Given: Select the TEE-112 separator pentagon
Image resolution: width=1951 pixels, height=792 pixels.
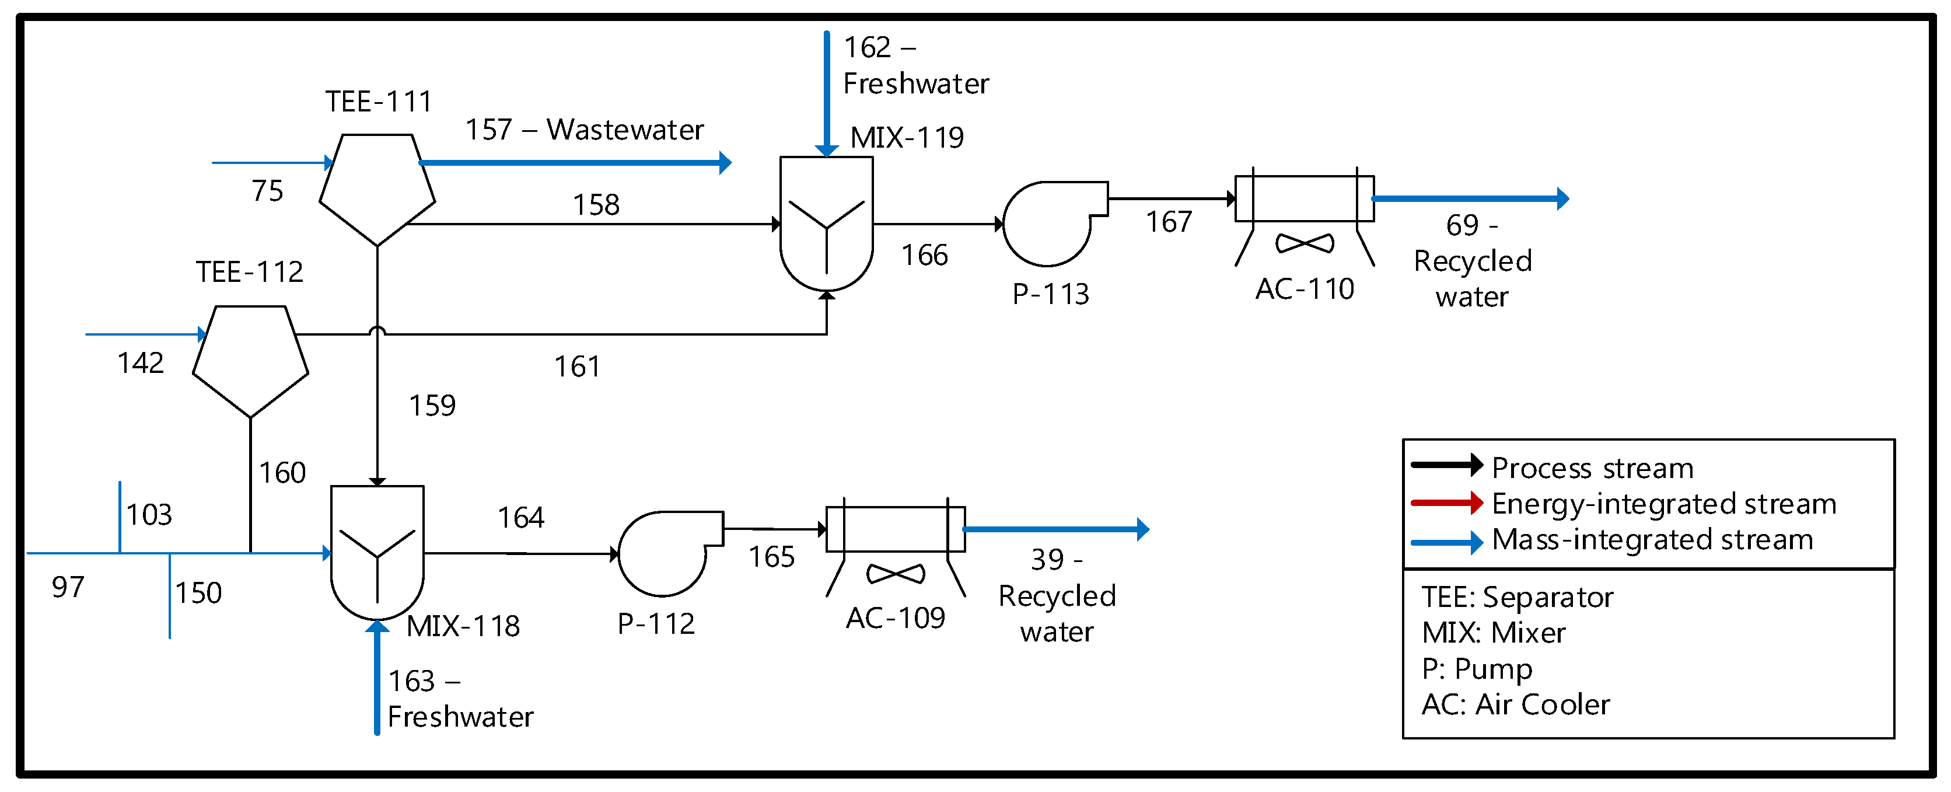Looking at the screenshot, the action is tap(251, 360).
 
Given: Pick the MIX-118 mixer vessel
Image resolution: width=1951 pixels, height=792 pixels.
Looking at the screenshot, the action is tap(377, 553).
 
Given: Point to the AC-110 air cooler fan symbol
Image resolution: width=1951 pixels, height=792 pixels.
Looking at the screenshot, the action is tap(1304, 243).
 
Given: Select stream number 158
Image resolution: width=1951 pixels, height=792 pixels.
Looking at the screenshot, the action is tap(596, 205).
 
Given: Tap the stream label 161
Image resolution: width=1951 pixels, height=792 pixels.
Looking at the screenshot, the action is tap(577, 367).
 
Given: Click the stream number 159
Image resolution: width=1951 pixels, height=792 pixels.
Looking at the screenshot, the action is tap(432, 406).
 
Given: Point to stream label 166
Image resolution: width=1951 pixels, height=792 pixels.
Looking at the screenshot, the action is tap(925, 256).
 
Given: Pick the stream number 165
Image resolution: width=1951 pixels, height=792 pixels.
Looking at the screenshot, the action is tap(772, 557).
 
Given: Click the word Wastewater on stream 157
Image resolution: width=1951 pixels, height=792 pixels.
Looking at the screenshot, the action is tap(625, 130).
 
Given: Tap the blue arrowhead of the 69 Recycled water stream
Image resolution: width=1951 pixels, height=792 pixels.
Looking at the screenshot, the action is tap(1562, 198).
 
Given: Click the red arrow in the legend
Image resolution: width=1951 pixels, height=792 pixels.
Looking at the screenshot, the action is tap(1446, 503).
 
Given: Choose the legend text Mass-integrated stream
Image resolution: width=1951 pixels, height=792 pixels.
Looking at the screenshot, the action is tap(1653, 540).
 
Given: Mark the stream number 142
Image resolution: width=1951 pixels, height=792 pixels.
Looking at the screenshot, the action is tap(141, 363).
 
